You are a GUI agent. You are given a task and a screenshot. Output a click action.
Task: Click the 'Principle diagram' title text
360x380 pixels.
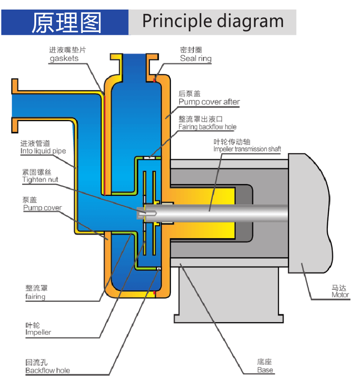pos(213,21)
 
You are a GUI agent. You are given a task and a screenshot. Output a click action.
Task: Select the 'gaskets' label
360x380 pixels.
pos(64,58)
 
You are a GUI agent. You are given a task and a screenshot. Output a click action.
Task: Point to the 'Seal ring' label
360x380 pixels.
pos(196,58)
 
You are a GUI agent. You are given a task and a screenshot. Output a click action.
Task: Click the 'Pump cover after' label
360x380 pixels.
pos(209,102)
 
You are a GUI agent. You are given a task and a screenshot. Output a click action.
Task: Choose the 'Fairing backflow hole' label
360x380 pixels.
pos(207,127)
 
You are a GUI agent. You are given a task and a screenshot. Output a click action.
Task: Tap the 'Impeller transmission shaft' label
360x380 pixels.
pos(247,149)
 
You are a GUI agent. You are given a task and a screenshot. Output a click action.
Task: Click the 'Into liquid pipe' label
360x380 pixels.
pos(43,151)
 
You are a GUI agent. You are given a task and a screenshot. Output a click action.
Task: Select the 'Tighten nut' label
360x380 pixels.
pos(40,180)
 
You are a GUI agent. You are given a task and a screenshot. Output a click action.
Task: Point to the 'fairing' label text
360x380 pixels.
pos(35,297)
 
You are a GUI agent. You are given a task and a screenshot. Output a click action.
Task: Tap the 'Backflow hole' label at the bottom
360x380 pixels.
pos(47,370)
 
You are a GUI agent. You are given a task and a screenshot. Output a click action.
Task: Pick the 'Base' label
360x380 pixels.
pos(265,370)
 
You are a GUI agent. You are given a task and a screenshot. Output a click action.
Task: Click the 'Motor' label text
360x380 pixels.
pos(340,295)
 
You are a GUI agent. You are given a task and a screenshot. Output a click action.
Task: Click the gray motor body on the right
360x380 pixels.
pos(309,213)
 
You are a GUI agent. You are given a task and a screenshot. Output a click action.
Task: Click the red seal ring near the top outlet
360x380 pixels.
pos(154,80)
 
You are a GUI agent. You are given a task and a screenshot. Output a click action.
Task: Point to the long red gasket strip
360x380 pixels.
pos(104,143)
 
